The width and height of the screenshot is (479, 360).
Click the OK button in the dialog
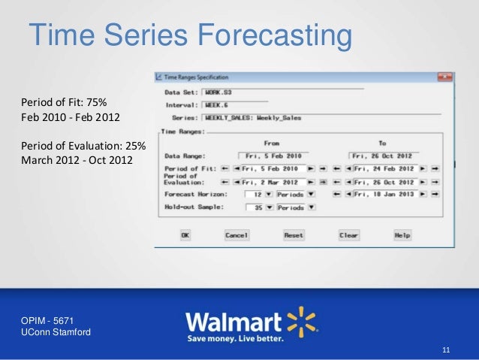pyautogui.click(x=185, y=235)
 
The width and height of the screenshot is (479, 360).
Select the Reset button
pyautogui.click(x=294, y=235)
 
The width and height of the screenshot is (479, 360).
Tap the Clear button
pyautogui.click(x=349, y=235)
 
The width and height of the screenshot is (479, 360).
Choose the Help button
pyautogui.click(x=402, y=235)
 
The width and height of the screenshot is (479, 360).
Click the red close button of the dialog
pyautogui.click(x=445, y=77)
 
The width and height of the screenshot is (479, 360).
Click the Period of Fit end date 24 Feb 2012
pyautogui.click(x=385, y=168)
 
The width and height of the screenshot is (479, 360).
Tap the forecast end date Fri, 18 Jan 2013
pyautogui.click(x=385, y=194)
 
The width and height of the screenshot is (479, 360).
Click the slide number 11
pyautogui.click(x=447, y=351)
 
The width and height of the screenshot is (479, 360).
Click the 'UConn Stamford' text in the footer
pyautogui.click(x=56, y=332)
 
